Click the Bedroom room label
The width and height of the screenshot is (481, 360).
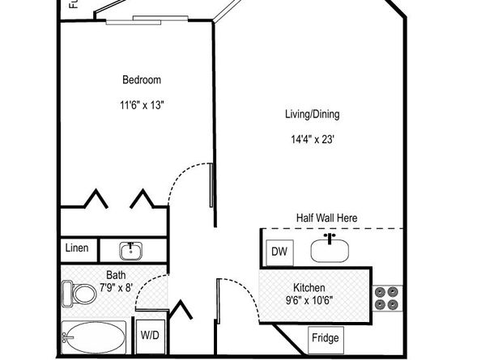coord(142,79)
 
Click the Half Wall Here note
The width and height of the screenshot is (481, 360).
coord(326,218)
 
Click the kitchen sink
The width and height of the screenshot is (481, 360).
coord(330,250)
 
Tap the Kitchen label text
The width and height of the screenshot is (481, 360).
coord(309,288)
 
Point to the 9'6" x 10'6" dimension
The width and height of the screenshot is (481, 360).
coord(309,302)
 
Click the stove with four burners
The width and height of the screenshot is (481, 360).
coord(386,298)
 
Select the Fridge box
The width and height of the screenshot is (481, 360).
coord(326,338)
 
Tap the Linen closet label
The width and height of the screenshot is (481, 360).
coord(77,248)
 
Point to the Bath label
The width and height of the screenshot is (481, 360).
coord(116,274)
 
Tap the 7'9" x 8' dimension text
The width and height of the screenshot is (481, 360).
coord(116,287)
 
